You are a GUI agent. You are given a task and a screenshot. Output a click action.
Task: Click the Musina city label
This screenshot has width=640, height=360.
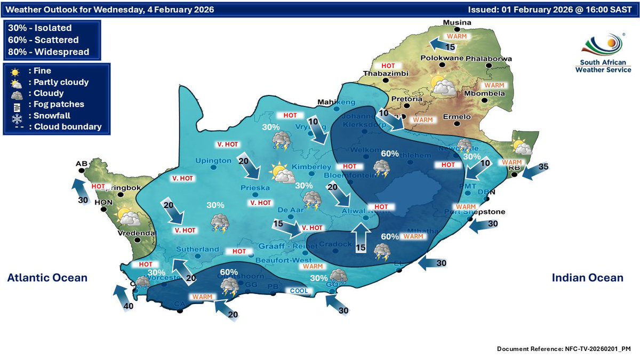click(x=459, y=23)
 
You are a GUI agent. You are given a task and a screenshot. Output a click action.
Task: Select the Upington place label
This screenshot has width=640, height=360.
click(x=213, y=161)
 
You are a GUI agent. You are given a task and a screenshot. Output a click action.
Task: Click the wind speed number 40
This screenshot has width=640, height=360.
click(x=128, y=306)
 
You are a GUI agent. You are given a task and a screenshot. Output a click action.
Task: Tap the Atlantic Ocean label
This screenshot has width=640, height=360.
click(x=47, y=278)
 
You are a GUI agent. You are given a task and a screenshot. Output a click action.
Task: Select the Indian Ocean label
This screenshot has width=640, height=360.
click(x=587, y=278)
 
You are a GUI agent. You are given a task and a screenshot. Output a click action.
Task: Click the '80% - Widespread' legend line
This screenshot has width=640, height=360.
click(x=49, y=52)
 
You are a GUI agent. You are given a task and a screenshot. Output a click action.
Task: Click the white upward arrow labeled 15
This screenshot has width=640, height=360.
click(x=362, y=235)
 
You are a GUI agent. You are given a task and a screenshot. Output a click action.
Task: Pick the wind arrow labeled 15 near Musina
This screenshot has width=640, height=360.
click(x=442, y=43)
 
